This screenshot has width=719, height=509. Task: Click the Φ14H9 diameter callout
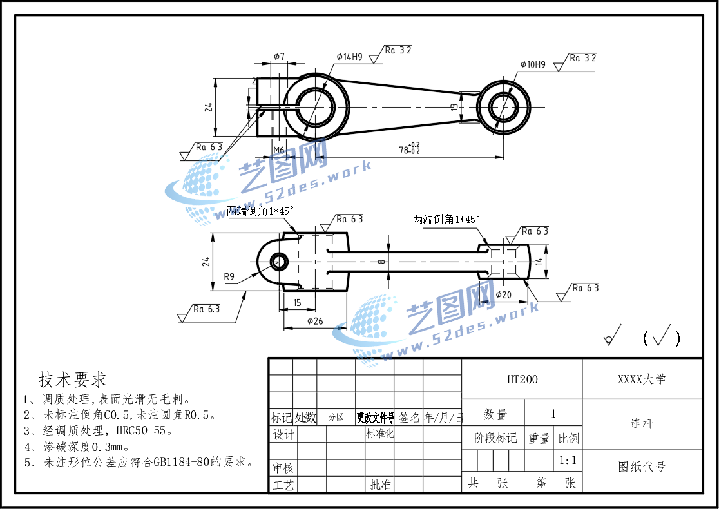[349, 57]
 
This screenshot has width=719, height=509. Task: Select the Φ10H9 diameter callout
[533, 64]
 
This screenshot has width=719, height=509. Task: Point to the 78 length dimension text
[408, 150]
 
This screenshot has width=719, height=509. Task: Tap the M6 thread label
[278, 150]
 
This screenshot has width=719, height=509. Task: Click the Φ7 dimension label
[279, 57]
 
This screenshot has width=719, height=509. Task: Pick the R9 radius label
[230, 277]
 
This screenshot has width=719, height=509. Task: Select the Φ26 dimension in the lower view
[315, 321]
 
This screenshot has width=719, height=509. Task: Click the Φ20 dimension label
[503, 294]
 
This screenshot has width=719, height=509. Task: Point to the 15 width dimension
[297, 302]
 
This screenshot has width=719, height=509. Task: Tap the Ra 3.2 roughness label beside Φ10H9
[582, 58]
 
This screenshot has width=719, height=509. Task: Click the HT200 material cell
[522, 379]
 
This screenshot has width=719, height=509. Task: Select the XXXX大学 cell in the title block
[642, 379]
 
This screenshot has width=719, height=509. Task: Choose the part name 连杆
[642, 424]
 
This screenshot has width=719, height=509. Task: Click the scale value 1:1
[568, 461]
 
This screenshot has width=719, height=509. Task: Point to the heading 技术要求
[73, 379]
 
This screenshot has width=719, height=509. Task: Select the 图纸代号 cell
[642, 467]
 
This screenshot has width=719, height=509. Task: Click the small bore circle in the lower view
[279, 261]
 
